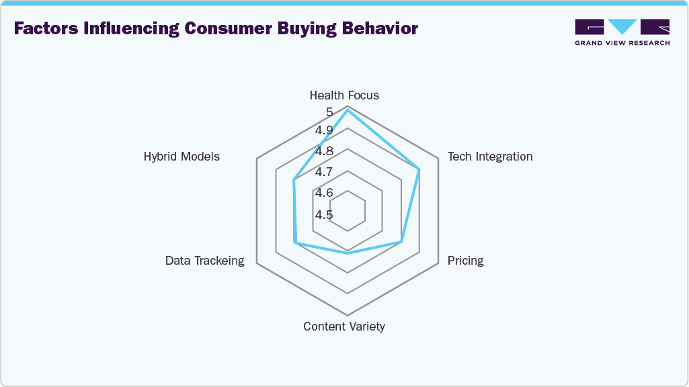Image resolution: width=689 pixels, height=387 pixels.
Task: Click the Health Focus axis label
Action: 344,95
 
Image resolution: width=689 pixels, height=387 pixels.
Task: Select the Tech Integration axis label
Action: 490,157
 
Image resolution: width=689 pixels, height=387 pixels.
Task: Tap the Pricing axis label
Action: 465,261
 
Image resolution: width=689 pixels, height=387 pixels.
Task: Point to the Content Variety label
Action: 344,327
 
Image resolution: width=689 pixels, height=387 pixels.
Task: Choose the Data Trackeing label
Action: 205,261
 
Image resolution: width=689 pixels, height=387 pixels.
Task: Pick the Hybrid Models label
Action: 181,157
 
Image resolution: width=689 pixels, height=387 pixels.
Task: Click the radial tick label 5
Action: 329,112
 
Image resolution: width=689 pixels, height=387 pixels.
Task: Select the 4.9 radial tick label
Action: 325,130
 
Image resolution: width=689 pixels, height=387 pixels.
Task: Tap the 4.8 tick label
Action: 325,151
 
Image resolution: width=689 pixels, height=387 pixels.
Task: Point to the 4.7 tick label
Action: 325,173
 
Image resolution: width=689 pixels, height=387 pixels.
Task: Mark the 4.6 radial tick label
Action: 325,193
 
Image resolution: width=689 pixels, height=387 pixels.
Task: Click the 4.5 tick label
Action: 325,215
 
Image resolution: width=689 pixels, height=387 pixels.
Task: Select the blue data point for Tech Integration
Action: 419,169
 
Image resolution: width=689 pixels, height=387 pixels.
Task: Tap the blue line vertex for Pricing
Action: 401,241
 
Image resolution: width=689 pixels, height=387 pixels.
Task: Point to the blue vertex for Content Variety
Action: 348,253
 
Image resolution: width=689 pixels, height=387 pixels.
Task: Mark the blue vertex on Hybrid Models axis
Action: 294,180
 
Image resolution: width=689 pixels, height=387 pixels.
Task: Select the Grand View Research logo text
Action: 622,43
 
